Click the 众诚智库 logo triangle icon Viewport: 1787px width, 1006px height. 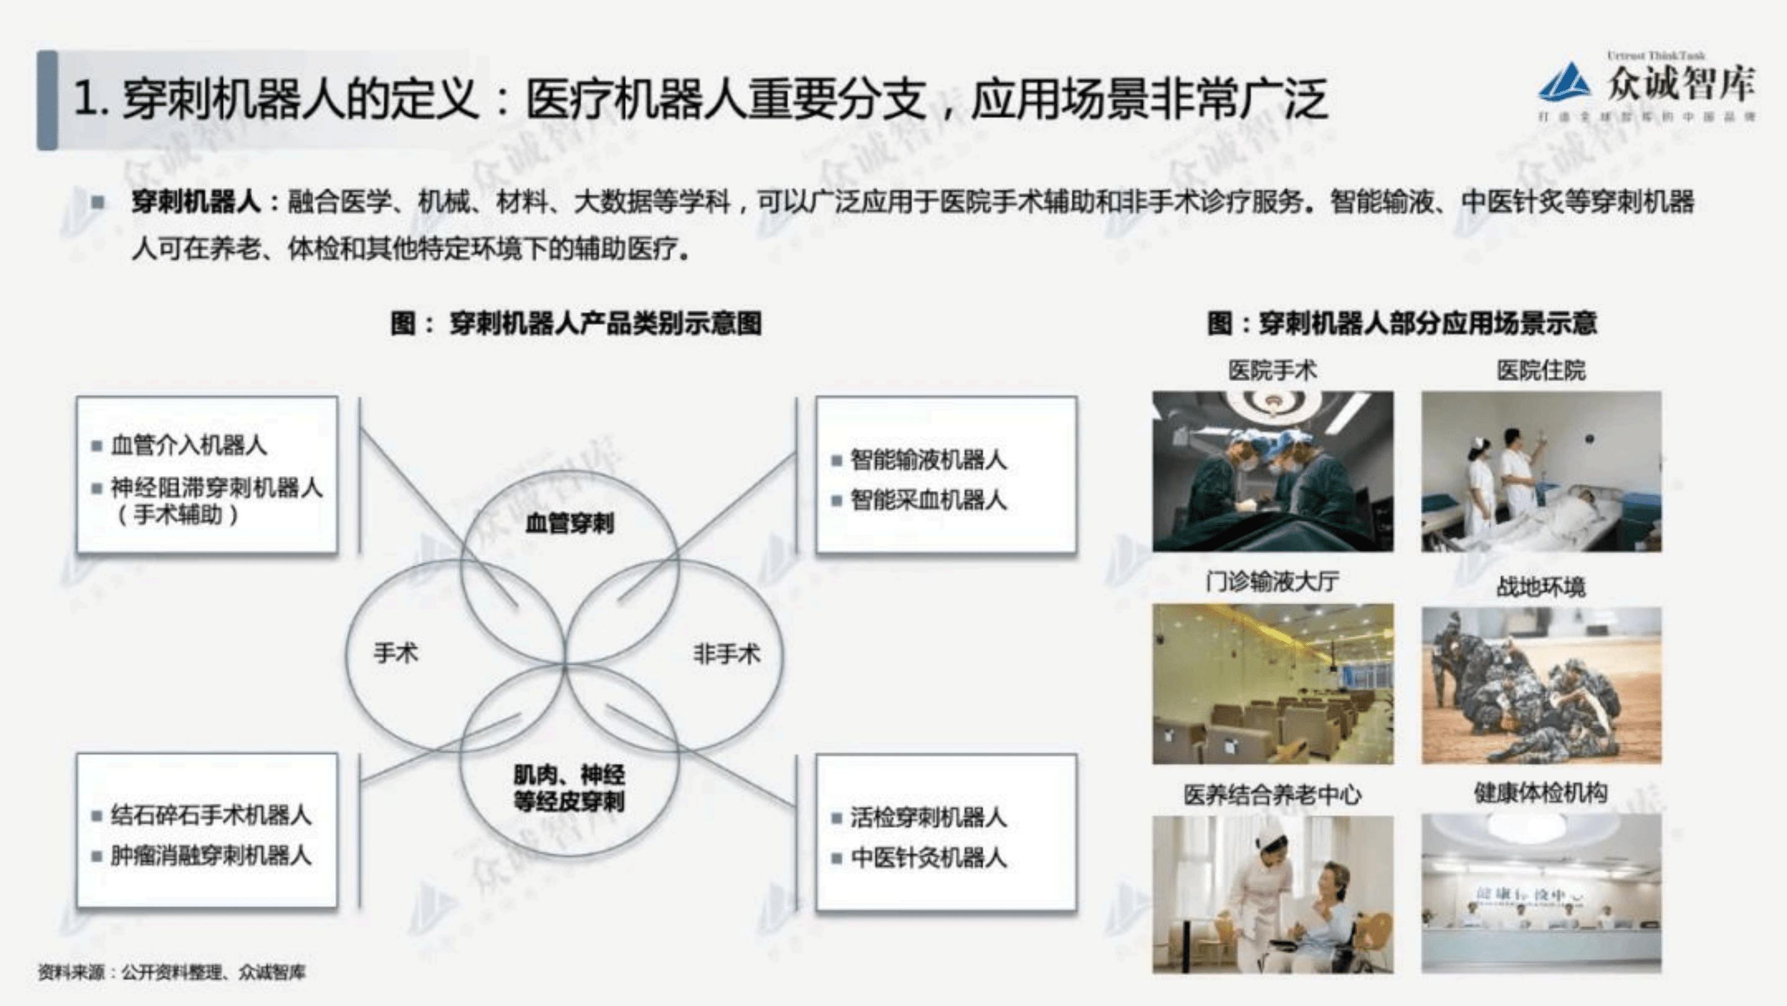(1565, 83)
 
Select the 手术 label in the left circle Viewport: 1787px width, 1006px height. (396, 653)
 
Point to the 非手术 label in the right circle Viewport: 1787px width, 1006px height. (726, 653)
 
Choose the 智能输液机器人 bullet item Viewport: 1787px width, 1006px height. (928, 460)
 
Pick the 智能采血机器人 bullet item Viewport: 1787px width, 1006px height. (928, 500)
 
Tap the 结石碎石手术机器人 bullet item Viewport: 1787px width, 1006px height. (211, 815)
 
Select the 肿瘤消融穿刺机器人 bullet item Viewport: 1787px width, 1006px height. (211, 855)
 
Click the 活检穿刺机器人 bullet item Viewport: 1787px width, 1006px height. (928, 818)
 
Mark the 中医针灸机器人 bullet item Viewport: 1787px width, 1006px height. (928, 858)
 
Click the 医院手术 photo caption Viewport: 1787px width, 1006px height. (1272, 371)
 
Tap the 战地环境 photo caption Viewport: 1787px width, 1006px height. (1541, 587)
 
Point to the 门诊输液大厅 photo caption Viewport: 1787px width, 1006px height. (1272, 582)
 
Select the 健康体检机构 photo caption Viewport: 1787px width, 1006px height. (1541, 793)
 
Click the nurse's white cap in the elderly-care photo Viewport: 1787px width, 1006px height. (1272, 830)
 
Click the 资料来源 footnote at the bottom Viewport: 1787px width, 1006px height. (171, 972)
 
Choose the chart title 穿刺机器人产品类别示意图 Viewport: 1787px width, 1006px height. (576, 323)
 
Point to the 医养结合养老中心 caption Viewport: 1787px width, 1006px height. (1272, 795)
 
